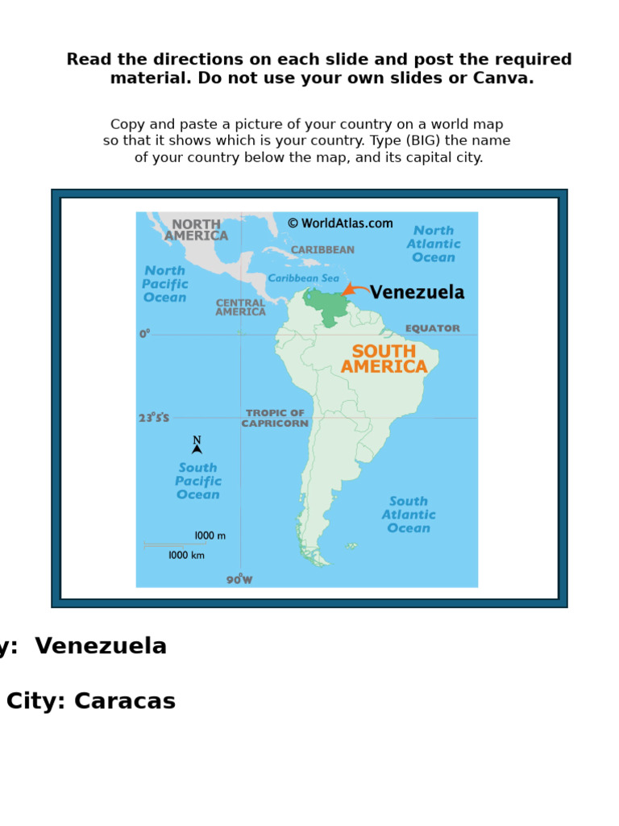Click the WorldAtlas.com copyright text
[x=340, y=223]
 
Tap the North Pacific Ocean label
[x=165, y=284]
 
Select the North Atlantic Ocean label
[x=434, y=244]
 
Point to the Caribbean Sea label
[x=304, y=278]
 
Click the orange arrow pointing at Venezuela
[x=355, y=289]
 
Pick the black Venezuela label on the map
[x=417, y=293]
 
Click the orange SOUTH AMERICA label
[x=384, y=359]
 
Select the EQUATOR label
[x=433, y=328]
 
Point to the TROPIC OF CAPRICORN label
[x=275, y=418]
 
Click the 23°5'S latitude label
[x=154, y=418]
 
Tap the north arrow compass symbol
[x=197, y=446]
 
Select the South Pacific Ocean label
[x=198, y=481]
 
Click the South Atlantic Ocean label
[x=409, y=515]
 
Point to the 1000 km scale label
[x=186, y=555]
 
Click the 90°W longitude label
[x=239, y=579]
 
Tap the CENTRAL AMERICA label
[x=240, y=307]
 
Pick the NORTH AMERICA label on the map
[x=196, y=230]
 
